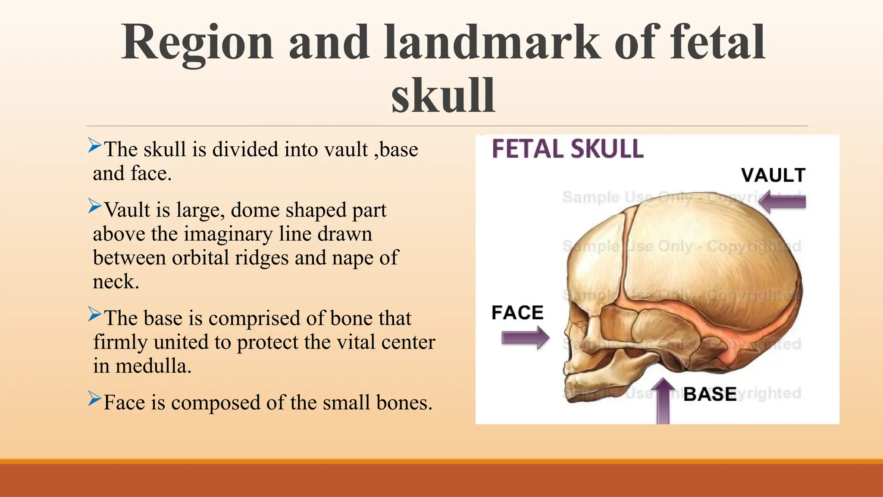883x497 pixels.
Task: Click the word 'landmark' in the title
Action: point(492,43)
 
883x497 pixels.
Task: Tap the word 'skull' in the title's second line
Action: point(443,96)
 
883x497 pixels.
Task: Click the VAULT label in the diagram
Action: point(773,175)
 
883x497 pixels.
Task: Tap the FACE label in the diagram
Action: point(517,313)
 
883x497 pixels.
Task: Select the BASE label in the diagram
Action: point(710,394)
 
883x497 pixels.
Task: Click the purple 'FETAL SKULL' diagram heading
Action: point(567,149)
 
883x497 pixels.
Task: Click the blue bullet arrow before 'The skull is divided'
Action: point(94,145)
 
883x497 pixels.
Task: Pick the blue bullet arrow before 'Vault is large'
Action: point(94,206)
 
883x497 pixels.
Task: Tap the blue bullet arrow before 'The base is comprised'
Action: point(94,314)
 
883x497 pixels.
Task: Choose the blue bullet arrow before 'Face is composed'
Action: point(94,398)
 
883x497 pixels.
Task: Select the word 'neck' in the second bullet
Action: point(114,282)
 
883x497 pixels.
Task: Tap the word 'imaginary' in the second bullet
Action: point(229,234)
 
